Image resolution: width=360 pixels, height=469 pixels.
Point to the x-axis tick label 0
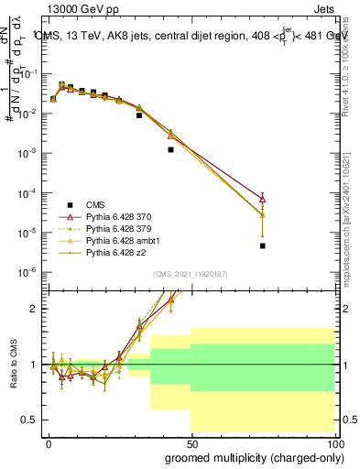(48, 442)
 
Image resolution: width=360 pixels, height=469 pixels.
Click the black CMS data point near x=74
(262, 245)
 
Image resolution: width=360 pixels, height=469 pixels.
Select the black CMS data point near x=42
(170, 149)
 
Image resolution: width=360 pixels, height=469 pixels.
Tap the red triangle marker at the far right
(262, 198)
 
